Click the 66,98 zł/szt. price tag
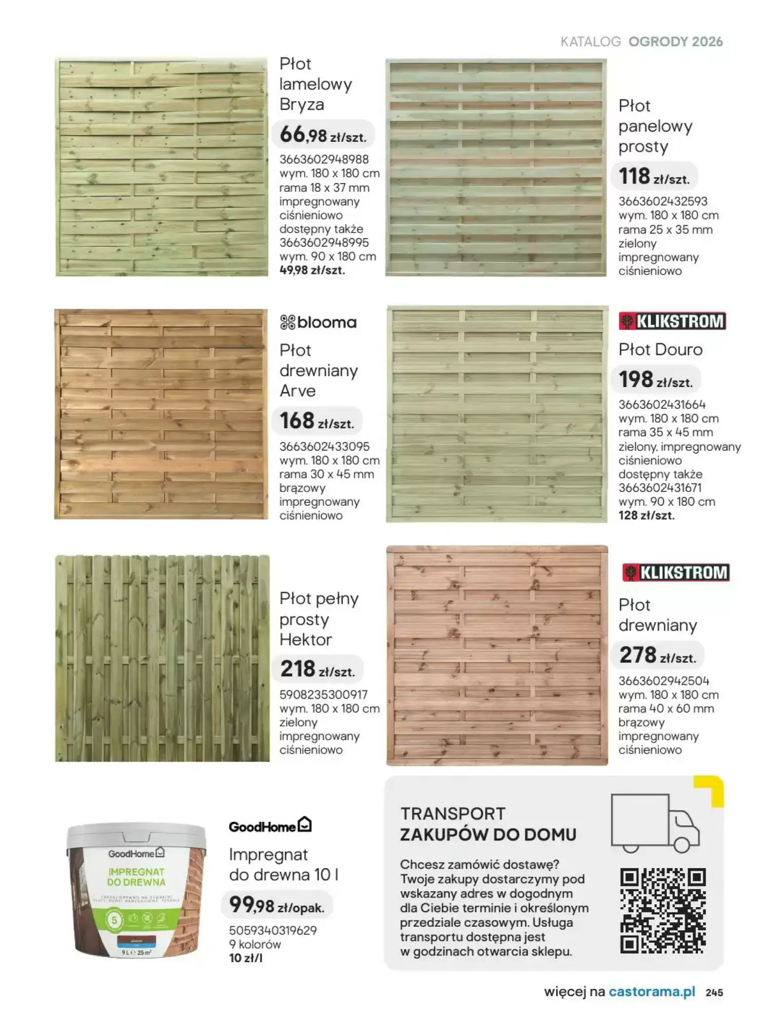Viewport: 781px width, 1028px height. tap(323, 135)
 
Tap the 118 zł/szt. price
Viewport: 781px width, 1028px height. tap(654, 177)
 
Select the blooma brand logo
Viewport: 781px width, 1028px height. tap(318, 323)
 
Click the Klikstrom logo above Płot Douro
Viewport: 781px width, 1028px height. tap(672, 321)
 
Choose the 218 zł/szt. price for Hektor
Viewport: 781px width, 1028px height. tap(317, 670)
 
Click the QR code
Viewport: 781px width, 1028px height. tap(663, 910)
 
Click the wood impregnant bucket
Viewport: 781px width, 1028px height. tap(137, 889)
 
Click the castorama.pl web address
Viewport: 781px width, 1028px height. tap(652, 992)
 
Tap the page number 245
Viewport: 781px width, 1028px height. tap(714, 993)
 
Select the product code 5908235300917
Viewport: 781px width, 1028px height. tap(324, 695)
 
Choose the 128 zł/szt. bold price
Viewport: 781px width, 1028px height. tap(646, 516)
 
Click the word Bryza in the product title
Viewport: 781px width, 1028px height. tap(302, 104)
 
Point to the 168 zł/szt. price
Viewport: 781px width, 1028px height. tap(317, 421)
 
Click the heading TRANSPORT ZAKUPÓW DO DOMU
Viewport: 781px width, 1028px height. tap(488, 824)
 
